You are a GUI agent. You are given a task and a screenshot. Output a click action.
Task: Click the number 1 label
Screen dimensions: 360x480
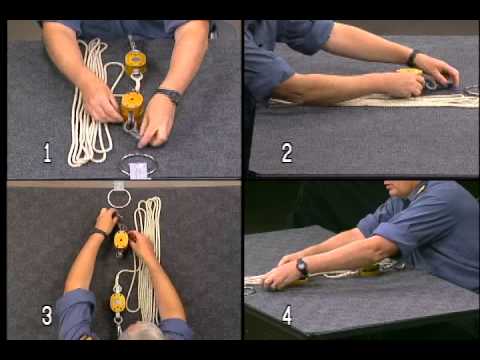pos(47,153)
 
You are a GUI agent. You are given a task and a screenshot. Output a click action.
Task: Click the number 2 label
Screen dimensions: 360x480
pos(287,153)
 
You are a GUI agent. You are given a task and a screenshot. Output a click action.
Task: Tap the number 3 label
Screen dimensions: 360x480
pos(47,316)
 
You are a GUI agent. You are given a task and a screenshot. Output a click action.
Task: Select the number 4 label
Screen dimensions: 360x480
pos(287,316)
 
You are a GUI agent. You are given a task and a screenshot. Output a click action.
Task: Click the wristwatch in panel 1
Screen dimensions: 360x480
pos(169,96)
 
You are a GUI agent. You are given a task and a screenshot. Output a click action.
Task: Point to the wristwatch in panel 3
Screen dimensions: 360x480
pos(100,233)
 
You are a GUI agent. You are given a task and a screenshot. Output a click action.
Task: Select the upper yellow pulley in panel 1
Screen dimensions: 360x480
pos(134,60)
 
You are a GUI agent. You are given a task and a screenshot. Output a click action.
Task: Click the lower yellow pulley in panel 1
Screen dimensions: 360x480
pos(131,102)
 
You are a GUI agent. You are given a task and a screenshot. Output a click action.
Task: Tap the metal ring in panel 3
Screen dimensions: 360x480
pos(119,197)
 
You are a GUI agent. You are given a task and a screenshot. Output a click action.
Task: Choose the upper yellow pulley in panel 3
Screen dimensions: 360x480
pos(121,240)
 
